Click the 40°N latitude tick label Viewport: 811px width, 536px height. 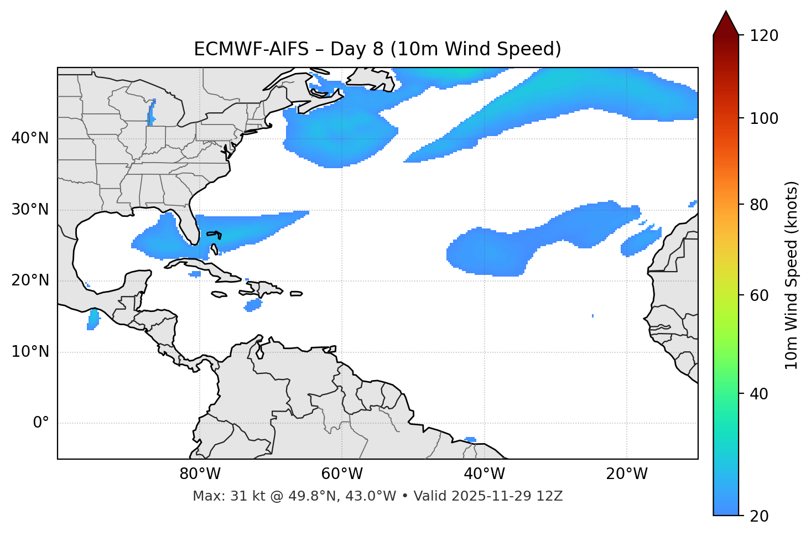point(30,138)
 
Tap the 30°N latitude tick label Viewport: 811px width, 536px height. point(30,210)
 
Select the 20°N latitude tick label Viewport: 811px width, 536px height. point(30,280)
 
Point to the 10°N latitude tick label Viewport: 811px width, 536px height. point(30,352)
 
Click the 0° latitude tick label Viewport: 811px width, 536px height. point(41,423)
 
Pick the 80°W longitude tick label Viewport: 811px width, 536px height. point(200,474)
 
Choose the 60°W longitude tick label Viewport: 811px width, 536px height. point(342,474)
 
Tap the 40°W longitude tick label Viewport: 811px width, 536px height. point(484,474)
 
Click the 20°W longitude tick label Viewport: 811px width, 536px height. point(626,474)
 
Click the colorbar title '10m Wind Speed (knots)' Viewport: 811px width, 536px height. point(792,275)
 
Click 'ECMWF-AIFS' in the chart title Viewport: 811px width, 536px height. point(251,49)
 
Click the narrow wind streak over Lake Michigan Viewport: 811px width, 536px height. point(151,115)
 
